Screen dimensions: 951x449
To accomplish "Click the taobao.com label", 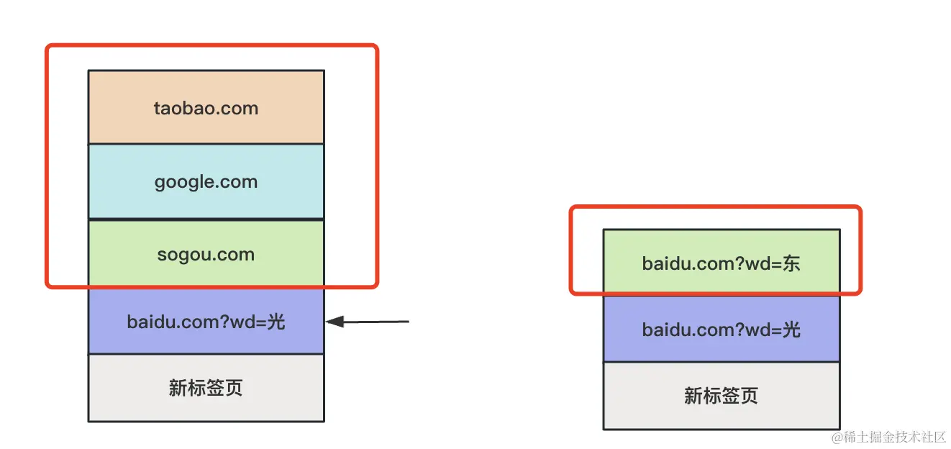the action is pyautogui.click(x=206, y=109).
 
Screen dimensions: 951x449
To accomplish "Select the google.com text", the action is pyautogui.click(x=206, y=182).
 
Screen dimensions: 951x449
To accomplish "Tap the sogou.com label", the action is pyautogui.click(x=206, y=255).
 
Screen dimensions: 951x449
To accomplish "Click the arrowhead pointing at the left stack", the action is pyautogui.click(x=335, y=322).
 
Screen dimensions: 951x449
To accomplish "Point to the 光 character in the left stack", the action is pyautogui.click(x=276, y=322).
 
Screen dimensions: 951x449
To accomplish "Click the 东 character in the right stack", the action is pyautogui.click(x=791, y=264).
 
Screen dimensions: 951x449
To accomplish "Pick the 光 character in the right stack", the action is pyautogui.click(x=791, y=330).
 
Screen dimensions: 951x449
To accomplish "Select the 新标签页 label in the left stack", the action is pyautogui.click(x=206, y=388).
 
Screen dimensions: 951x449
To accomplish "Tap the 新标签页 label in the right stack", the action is pyautogui.click(x=721, y=396).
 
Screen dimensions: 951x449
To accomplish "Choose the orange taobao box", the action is pyautogui.click(x=206, y=107).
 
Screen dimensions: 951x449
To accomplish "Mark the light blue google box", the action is pyautogui.click(x=206, y=181).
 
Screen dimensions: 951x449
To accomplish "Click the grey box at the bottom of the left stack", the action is pyautogui.click(x=206, y=388).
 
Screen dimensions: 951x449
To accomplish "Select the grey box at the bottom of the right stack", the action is pyautogui.click(x=722, y=396).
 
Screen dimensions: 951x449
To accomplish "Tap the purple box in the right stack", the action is pyautogui.click(x=722, y=329).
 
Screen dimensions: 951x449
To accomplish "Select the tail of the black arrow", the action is pyautogui.click(x=409, y=322).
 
